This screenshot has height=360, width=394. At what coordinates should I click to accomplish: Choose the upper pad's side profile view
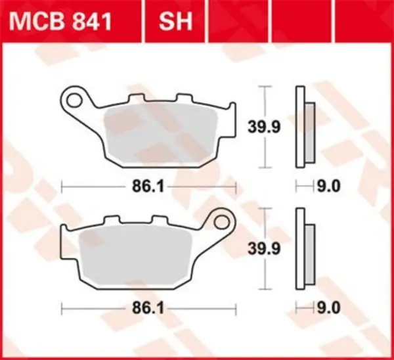pyautogui.click(x=305, y=127)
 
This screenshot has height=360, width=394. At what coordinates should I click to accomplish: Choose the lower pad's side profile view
pyautogui.click(x=305, y=249)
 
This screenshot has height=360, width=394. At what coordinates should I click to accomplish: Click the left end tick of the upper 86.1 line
pyautogui.click(x=61, y=187)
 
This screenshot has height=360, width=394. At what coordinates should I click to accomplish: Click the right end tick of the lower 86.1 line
pyautogui.click(x=236, y=307)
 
